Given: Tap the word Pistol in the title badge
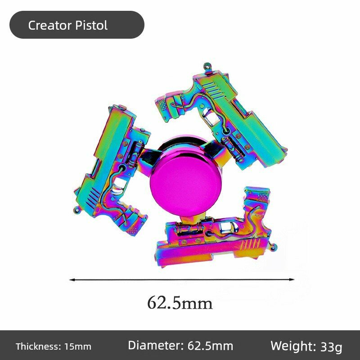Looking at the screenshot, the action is (x=91, y=25).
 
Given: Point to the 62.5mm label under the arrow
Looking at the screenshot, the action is (x=180, y=303).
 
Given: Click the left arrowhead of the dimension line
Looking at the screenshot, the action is (x=72, y=279).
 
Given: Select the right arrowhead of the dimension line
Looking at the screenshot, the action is (x=292, y=279).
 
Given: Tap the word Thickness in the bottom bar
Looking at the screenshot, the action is (x=38, y=346).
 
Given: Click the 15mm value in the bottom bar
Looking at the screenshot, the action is (x=77, y=346).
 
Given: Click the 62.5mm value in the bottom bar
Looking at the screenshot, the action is (x=210, y=346).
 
